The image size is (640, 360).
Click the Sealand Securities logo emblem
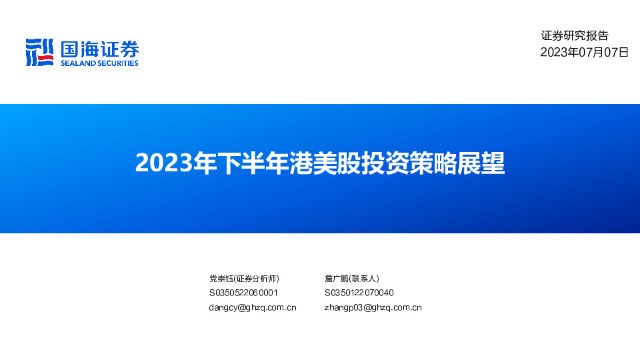pos(39,52)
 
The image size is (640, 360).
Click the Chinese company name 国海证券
pos(99,49)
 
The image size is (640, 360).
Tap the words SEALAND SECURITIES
pos(99,63)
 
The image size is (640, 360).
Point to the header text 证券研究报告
pos(575,36)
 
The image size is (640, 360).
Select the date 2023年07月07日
pos(584,52)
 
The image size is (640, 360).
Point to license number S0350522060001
pos(243,293)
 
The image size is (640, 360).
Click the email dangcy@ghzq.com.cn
pos(253,307)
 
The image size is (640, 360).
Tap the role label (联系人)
pos(364,279)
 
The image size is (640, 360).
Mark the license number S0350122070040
pos(359,293)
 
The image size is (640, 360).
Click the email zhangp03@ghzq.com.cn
pos(373,307)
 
